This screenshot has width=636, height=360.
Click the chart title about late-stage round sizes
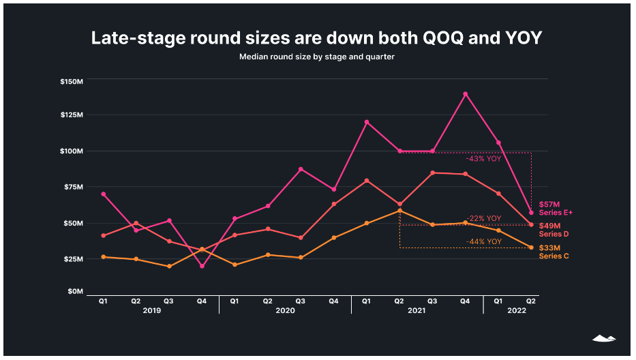316,38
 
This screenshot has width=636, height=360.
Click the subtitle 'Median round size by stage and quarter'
316,57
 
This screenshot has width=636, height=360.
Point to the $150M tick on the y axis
72,82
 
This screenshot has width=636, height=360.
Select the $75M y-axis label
72,187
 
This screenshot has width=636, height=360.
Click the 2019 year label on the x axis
152,310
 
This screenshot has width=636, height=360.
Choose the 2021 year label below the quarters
417,310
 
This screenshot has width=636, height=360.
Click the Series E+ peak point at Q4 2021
466,94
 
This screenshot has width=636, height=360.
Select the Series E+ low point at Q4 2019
202,266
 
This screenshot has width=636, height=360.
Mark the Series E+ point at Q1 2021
366,122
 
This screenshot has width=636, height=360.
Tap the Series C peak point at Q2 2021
399,211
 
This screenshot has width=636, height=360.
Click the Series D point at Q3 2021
432,172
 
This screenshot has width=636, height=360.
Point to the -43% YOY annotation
483,158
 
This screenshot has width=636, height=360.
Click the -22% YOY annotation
483,218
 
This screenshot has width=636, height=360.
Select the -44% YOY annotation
483,242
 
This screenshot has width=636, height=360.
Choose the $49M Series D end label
554,230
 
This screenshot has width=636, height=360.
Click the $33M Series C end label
554,252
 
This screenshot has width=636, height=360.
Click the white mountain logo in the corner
603,337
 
